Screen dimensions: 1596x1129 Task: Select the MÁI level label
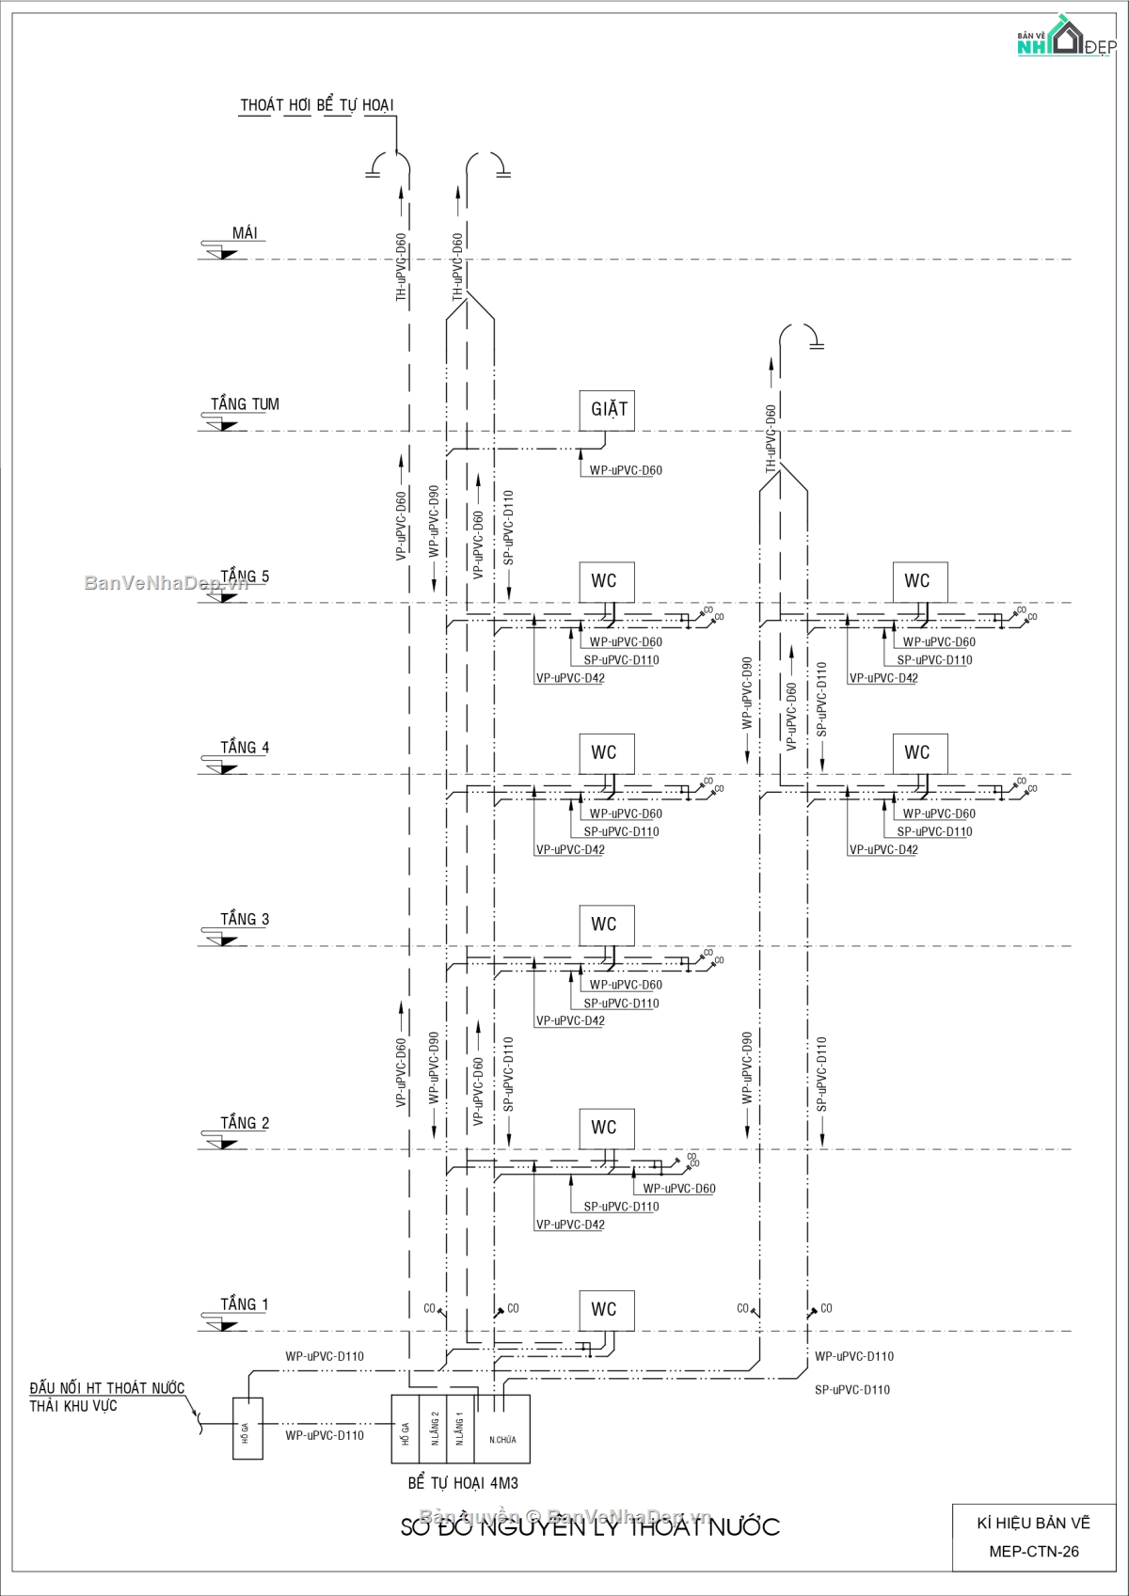click(245, 233)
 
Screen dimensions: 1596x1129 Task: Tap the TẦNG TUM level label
click(245, 404)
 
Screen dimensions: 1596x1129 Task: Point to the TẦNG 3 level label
click(245, 919)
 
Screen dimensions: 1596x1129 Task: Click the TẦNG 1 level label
click(245, 1304)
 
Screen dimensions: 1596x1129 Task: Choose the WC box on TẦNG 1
click(605, 1310)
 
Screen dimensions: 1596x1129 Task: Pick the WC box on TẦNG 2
click(605, 1128)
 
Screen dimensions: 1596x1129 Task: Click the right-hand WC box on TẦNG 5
click(918, 581)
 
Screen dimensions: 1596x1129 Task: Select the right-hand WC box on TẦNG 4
click(918, 753)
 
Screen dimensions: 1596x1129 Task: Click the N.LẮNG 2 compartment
click(435, 1429)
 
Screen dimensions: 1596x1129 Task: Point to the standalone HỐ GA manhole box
click(247, 1429)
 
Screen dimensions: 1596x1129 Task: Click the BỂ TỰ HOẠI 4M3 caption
click(463, 1483)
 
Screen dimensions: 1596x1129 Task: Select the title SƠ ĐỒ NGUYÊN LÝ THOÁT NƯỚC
click(590, 1526)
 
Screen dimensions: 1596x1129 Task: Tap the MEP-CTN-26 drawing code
click(1033, 1552)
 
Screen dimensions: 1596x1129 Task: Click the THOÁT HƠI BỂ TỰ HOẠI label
click(316, 105)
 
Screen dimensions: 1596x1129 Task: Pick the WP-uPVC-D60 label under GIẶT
click(626, 470)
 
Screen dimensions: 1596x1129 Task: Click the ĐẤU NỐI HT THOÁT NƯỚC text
click(106, 1388)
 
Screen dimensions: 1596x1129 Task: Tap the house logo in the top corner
click(1066, 36)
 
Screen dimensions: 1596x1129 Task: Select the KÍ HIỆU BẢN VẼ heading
click(1033, 1523)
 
